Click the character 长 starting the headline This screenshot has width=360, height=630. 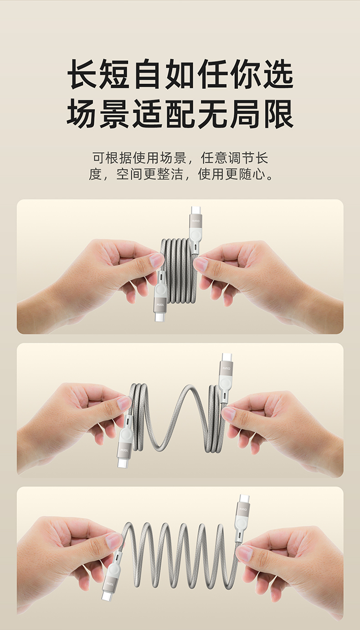tap(82, 74)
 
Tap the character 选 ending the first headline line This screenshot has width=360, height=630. tap(278, 74)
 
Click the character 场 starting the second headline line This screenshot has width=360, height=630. tap(82, 113)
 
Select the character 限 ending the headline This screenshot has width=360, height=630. tap(278, 113)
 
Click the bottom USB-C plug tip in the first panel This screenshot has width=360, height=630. tap(159, 317)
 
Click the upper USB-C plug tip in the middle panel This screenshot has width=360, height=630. tap(226, 358)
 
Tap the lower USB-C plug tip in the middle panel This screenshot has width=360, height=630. tap(122, 463)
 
